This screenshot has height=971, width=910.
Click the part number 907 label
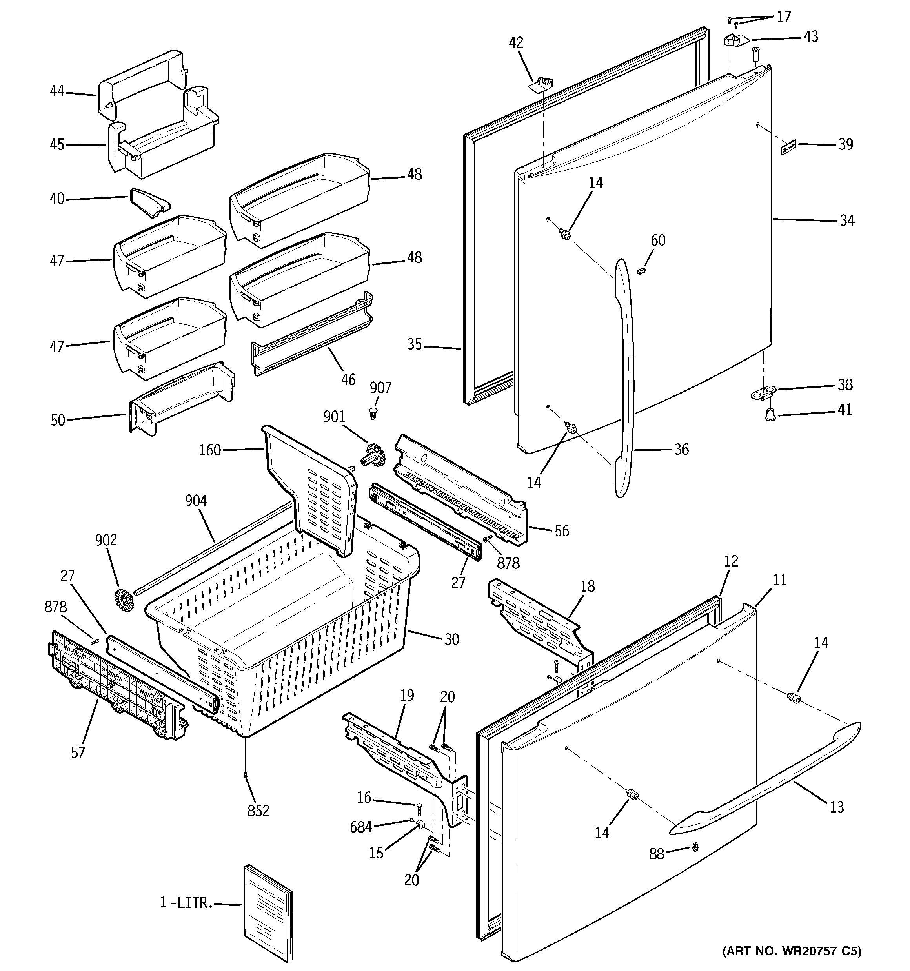(380, 388)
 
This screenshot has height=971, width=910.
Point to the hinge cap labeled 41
(770, 415)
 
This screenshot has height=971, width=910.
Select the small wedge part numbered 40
(149, 203)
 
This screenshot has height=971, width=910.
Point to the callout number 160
(210, 450)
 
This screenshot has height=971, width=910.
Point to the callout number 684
(360, 827)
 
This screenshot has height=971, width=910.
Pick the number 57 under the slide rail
(78, 752)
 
